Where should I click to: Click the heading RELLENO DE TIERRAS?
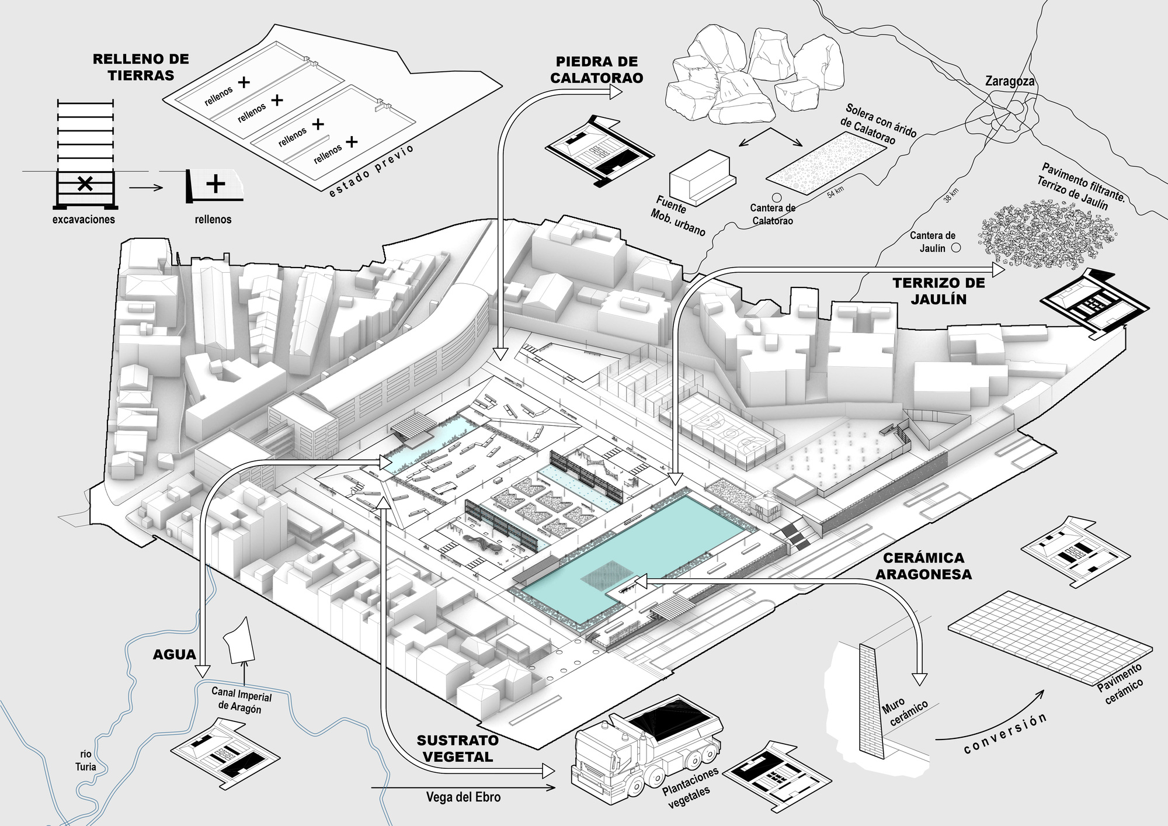(141, 67)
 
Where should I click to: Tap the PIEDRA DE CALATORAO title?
(596, 70)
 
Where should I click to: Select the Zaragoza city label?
(1009, 81)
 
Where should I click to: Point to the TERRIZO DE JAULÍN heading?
(938, 291)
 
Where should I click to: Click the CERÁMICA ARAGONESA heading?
(923, 566)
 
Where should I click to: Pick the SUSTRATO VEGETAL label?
(458, 748)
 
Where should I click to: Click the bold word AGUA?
(174, 655)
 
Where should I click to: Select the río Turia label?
(85, 761)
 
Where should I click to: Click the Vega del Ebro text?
(463, 797)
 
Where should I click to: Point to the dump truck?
(645, 748)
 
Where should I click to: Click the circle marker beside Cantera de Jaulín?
(956, 248)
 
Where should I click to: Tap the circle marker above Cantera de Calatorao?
(777, 197)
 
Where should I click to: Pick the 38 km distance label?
(951, 195)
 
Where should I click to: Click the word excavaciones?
(84, 220)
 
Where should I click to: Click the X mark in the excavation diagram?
(85, 184)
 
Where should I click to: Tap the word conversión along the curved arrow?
(1004, 734)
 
